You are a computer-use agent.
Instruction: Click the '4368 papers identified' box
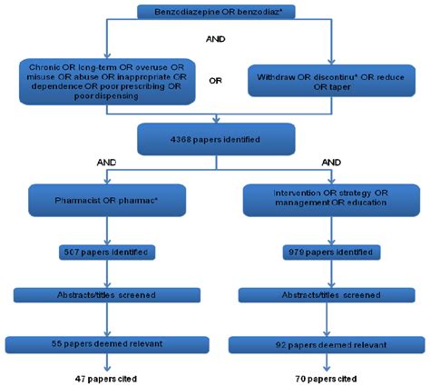tap(213, 142)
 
